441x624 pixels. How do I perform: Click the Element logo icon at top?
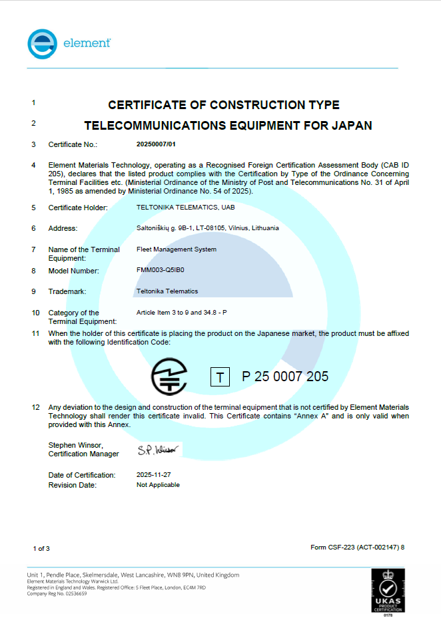43,44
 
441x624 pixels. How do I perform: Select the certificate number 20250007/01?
156,144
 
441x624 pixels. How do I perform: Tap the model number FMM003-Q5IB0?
160,271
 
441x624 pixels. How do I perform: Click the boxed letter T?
220,377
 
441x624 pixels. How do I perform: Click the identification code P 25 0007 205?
285,377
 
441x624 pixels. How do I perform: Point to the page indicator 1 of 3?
41,548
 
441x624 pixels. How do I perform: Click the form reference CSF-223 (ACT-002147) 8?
358,547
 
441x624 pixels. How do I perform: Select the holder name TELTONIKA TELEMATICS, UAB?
177,208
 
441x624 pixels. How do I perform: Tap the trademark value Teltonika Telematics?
167,291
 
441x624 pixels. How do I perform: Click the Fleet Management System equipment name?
176,249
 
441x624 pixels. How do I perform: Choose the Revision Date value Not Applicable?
158,485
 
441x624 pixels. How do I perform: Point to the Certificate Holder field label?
78,208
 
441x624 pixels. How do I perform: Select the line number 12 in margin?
36,406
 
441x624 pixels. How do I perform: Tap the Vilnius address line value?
207,228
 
